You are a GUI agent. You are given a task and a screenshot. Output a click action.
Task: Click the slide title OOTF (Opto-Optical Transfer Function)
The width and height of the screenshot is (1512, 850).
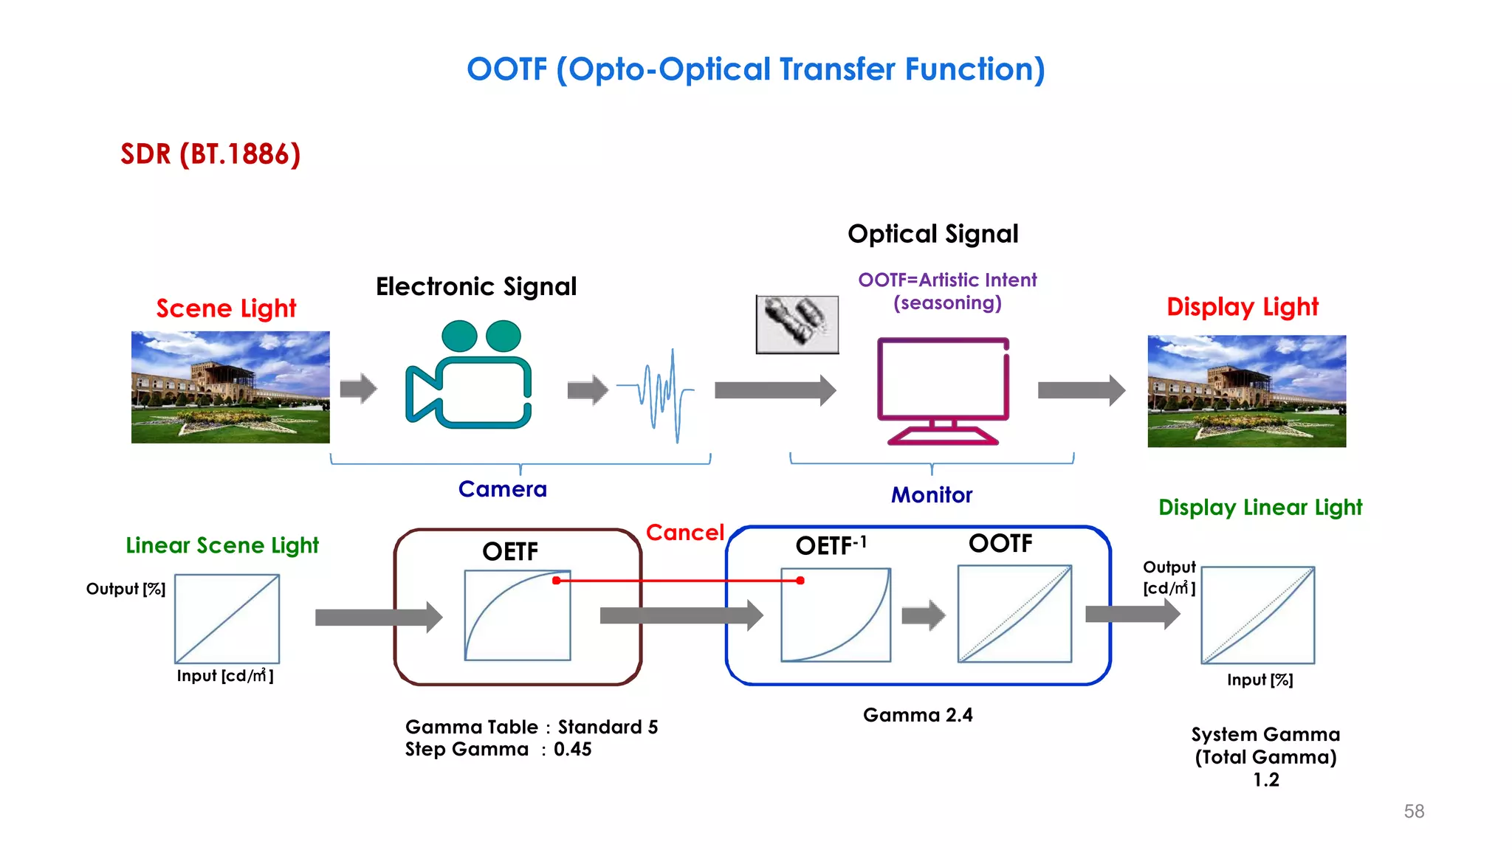[x=755, y=69]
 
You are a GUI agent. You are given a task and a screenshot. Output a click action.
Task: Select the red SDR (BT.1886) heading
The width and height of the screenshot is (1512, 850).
[x=210, y=154]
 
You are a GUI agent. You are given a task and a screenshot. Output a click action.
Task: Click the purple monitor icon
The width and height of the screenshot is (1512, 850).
[x=943, y=390]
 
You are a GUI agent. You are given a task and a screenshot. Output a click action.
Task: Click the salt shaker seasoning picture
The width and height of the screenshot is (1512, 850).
[x=797, y=324]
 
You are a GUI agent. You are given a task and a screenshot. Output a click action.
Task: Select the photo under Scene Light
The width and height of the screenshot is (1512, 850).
[x=230, y=387]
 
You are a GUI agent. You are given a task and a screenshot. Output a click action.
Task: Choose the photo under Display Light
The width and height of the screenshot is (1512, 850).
[x=1246, y=391]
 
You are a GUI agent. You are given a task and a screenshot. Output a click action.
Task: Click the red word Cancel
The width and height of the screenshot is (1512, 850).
[x=684, y=533]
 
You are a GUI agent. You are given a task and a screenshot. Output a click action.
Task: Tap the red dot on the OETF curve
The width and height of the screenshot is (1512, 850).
[x=557, y=581]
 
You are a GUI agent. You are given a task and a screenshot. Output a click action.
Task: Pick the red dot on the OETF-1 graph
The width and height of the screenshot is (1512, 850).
[x=800, y=581]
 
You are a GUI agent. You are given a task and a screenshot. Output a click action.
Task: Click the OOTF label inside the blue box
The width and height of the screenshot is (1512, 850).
[x=1000, y=544]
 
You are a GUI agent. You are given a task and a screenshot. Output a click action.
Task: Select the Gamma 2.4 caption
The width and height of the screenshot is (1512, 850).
[x=918, y=715]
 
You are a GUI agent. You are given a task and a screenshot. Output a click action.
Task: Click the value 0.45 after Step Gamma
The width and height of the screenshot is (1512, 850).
[x=573, y=750]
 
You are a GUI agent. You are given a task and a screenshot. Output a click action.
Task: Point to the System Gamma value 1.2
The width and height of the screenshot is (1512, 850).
[x=1265, y=780]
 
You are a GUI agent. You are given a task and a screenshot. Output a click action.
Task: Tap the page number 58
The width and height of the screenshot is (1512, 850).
[x=1414, y=812]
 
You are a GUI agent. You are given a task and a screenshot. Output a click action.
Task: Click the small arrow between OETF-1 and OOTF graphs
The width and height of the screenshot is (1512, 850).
[x=923, y=615]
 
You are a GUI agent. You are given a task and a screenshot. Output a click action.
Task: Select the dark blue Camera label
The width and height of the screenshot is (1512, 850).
[x=502, y=489]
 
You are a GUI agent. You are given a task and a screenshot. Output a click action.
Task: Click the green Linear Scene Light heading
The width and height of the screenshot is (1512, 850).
[x=222, y=545]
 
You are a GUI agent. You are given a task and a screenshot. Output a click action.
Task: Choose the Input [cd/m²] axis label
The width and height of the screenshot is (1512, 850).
[x=224, y=676]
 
